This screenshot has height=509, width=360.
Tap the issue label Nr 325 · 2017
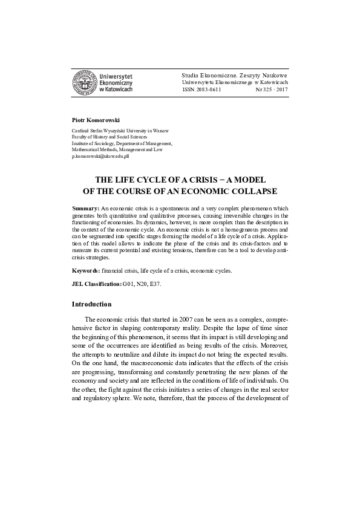click(272, 89)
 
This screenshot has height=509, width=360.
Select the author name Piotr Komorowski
click(96, 120)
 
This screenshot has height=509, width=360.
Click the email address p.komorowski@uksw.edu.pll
click(100, 156)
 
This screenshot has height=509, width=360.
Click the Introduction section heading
click(91, 304)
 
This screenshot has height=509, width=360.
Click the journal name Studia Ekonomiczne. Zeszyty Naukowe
click(235, 74)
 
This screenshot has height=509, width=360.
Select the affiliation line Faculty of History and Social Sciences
click(113, 137)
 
